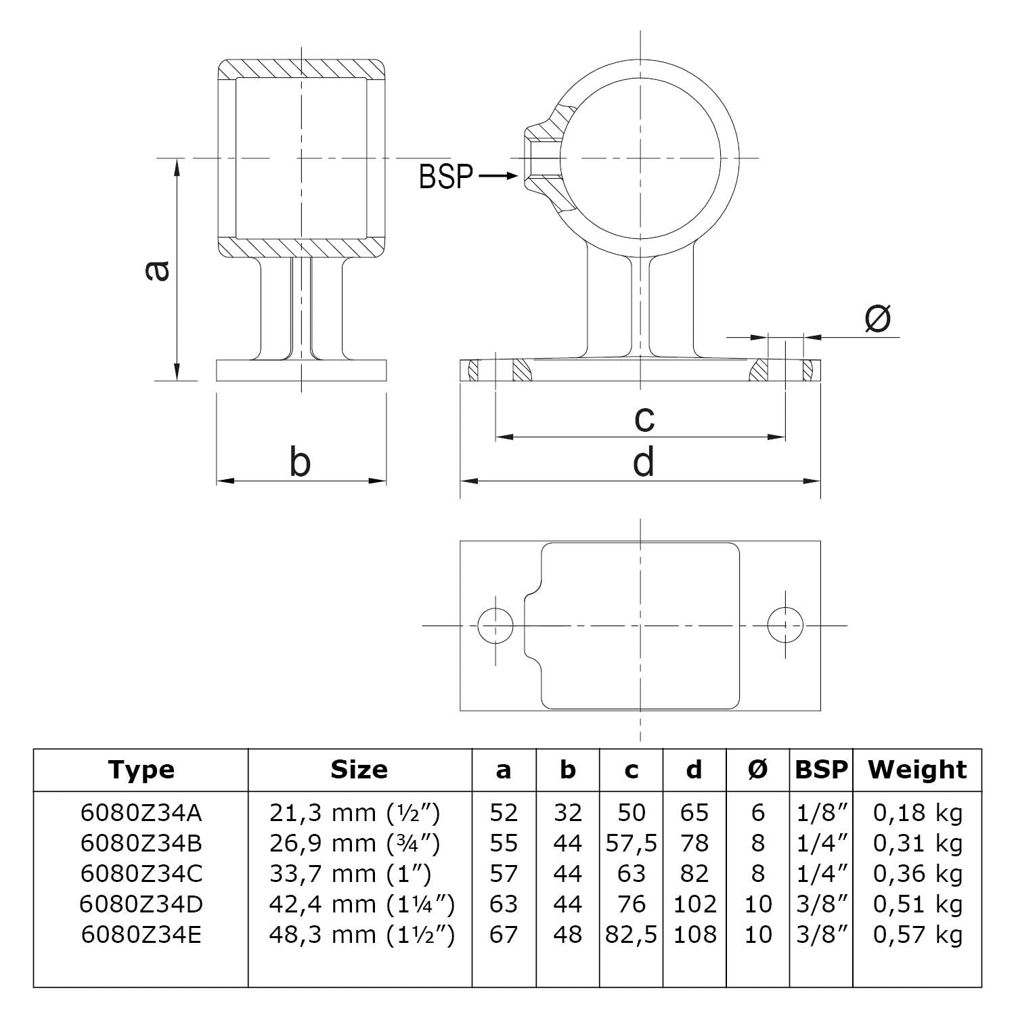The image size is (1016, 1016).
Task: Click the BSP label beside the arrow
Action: tap(446, 177)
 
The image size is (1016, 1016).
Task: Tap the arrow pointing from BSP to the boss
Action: tap(498, 177)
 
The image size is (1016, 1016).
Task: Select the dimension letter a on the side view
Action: tap(157, 270)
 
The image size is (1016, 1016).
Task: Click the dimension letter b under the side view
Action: tap(300, 462)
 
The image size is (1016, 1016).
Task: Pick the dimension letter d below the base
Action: tap(643, 462)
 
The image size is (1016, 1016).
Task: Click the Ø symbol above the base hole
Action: tap(878, 319)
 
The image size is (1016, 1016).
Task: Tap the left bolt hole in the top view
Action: tap(495, 625)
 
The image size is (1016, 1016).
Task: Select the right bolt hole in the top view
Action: tap(785, 625)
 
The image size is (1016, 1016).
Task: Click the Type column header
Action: tap(141, 770)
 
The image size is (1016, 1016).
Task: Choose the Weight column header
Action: tap(917, 770)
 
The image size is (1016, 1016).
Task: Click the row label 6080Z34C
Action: tap(141, 874)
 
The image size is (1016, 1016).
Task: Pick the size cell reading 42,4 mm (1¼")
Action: tap(361, 904)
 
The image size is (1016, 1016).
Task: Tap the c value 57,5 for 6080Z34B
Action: tap(632, 843)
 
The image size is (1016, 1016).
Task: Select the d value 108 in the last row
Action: tap(694, 935)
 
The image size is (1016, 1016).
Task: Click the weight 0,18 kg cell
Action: tap(917, 813)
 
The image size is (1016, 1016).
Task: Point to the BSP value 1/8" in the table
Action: tap(822, 813)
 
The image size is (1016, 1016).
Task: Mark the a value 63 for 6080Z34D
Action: tap(504, 904)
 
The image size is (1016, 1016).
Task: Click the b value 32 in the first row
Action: tap(567, 813)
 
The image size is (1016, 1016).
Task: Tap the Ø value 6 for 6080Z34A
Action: tap(757, 813)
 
